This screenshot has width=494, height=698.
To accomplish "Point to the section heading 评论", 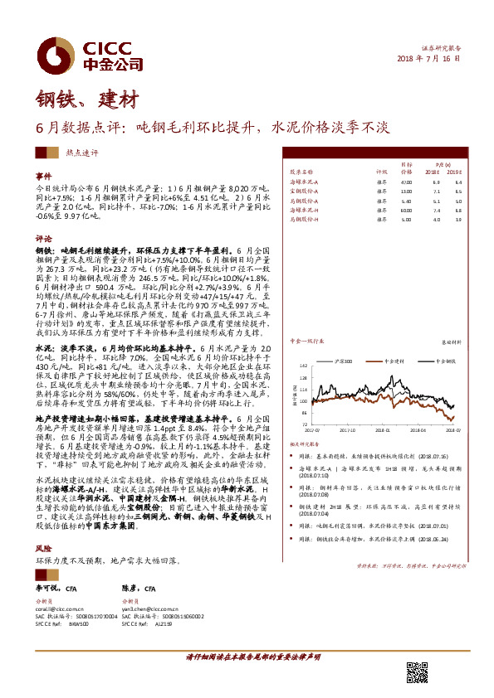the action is [43, 236].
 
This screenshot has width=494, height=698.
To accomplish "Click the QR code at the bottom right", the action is [417, 672].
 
